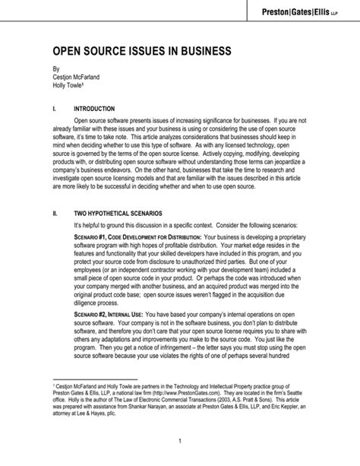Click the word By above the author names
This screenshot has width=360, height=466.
pyautogui.click(x=55, y=69)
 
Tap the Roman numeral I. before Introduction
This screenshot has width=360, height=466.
pyautogui.click(x=54, y=109)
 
